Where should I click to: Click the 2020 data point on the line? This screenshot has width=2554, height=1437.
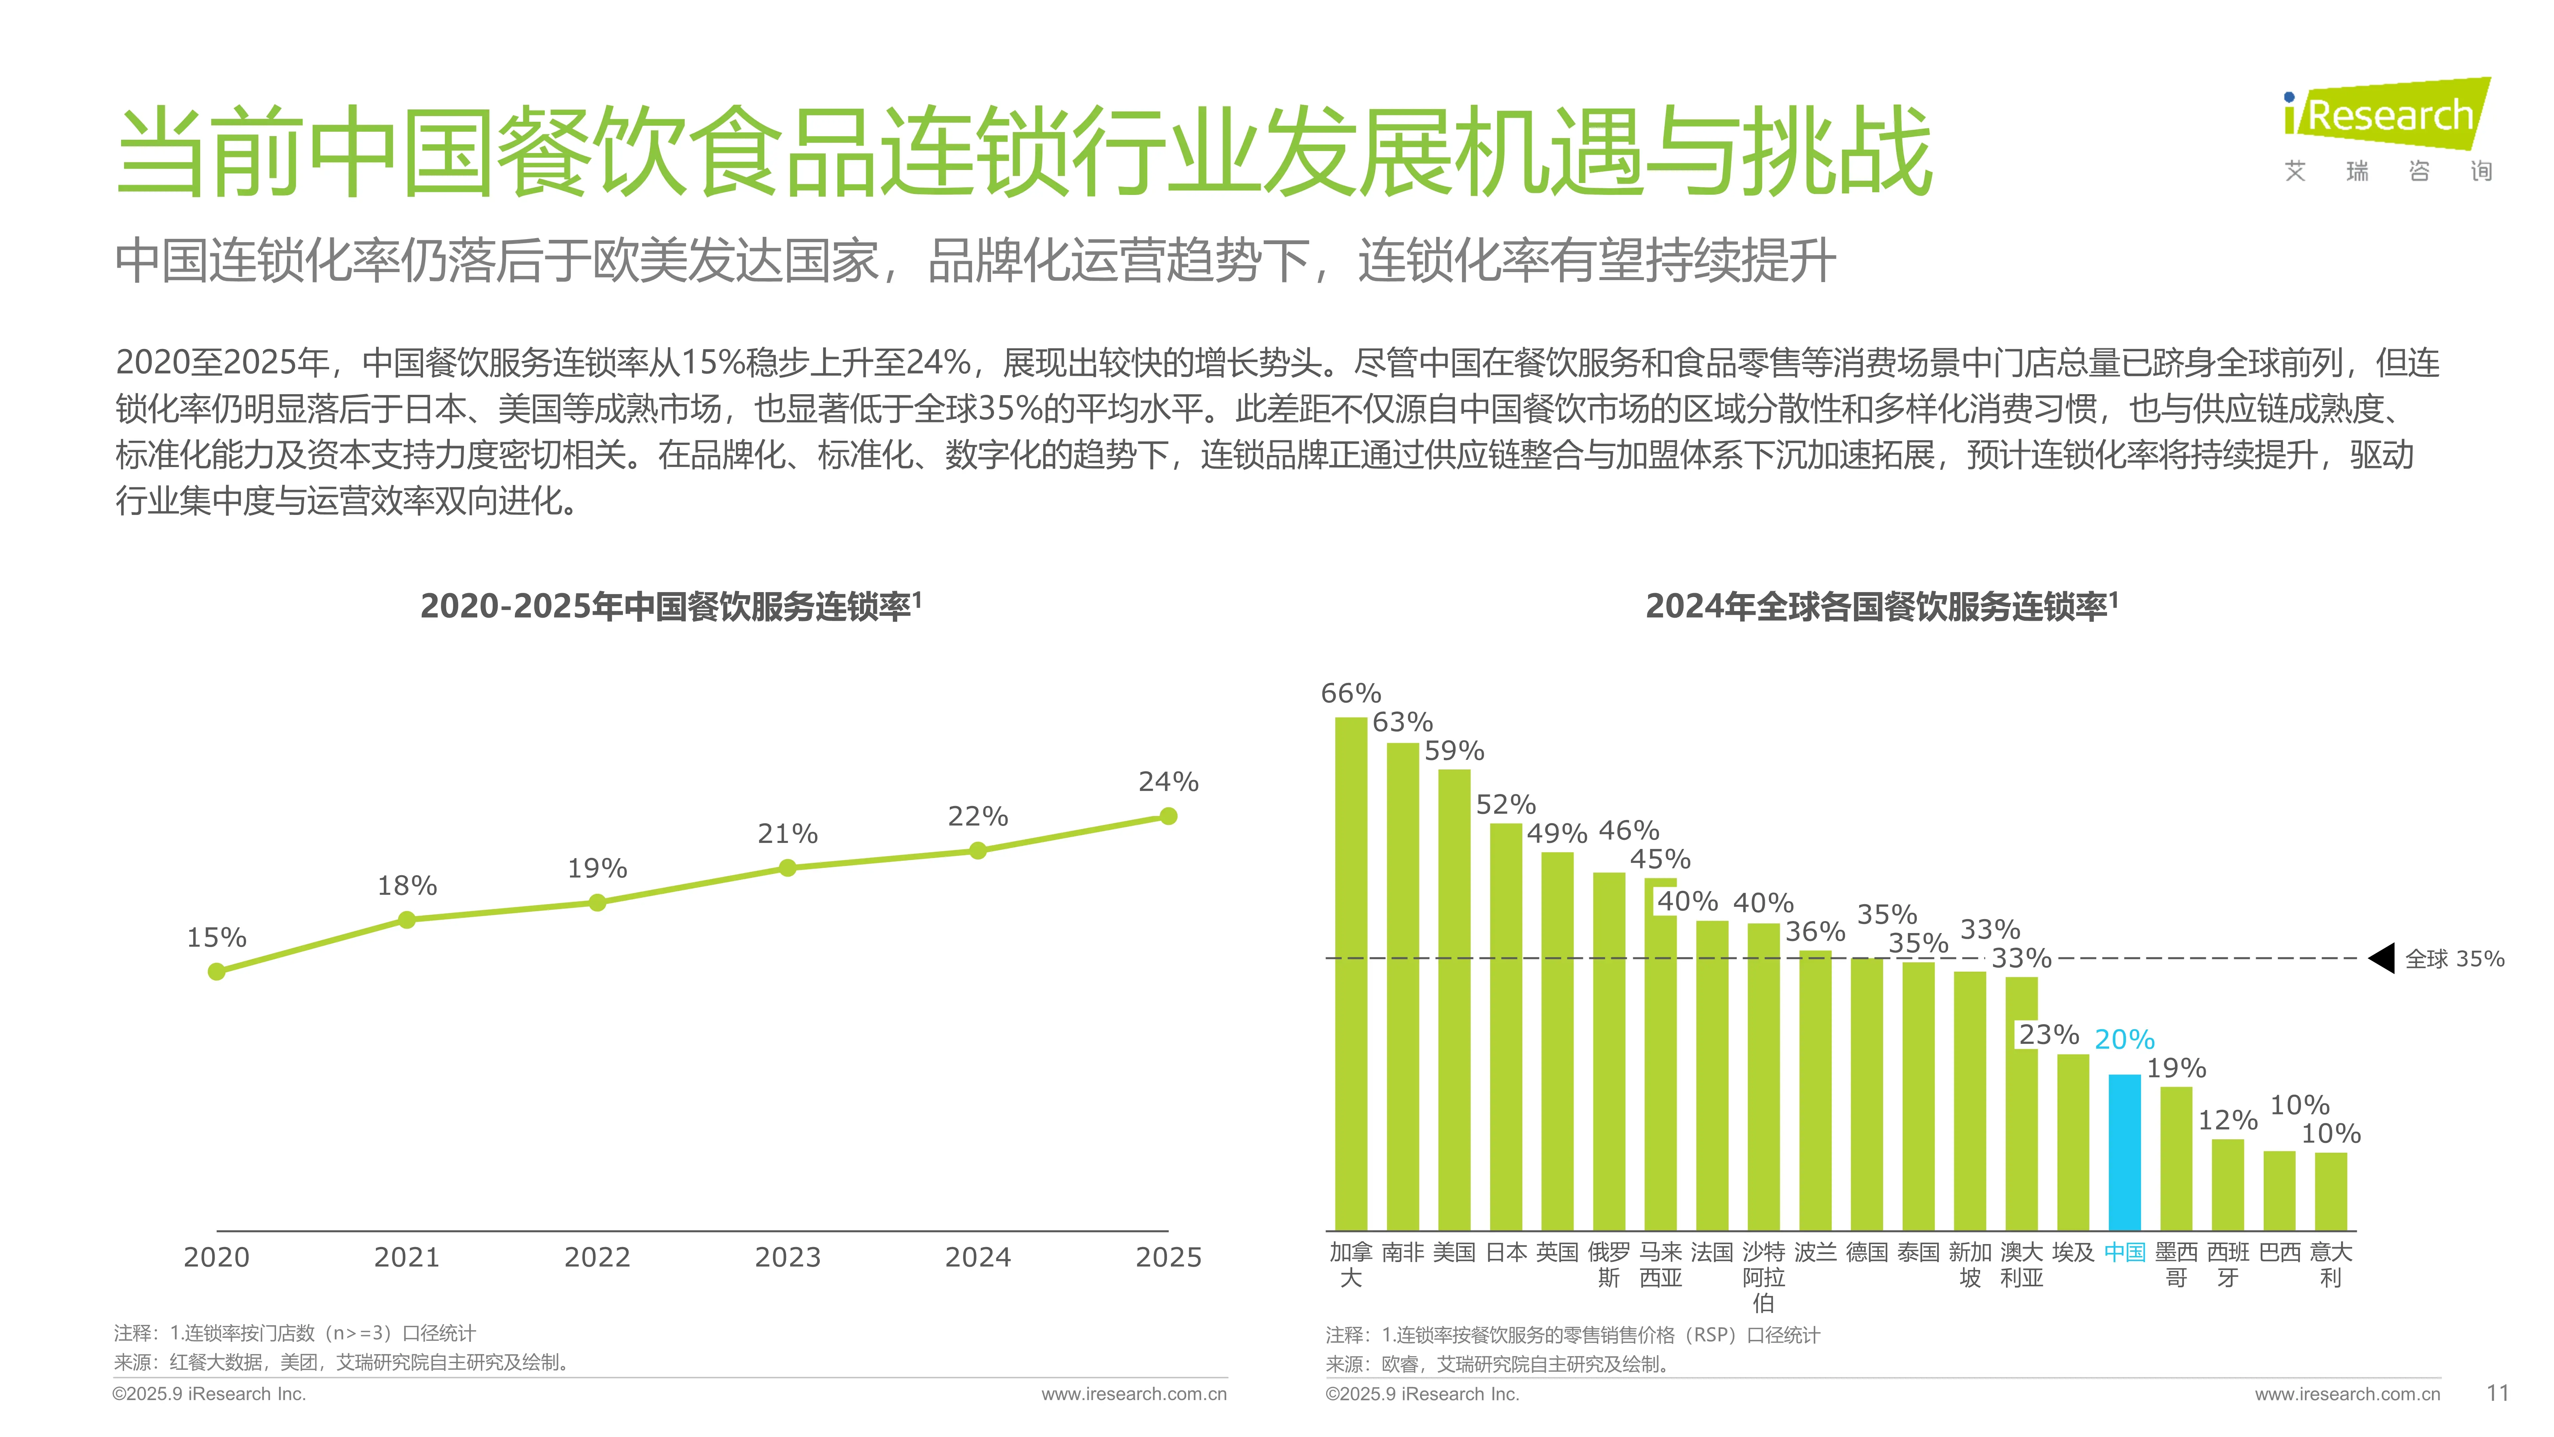click(x=216, y=972)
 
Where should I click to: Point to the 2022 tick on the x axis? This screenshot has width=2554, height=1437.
click(x=597, y=1257)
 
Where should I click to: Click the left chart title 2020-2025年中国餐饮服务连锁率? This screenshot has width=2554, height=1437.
click(x=670, y=606)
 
